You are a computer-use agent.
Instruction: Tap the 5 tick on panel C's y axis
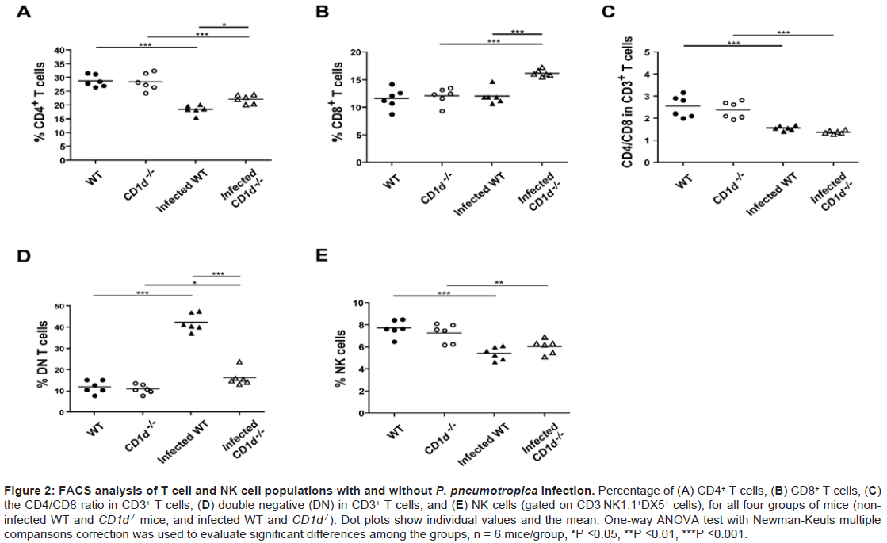coord(648,52)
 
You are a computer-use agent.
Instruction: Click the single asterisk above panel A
coord(224,25)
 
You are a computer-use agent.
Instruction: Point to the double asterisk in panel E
coord(498,281)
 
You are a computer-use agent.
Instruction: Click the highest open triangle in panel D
coord(239,361)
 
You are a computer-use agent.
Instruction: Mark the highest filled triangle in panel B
coord(492,82)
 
